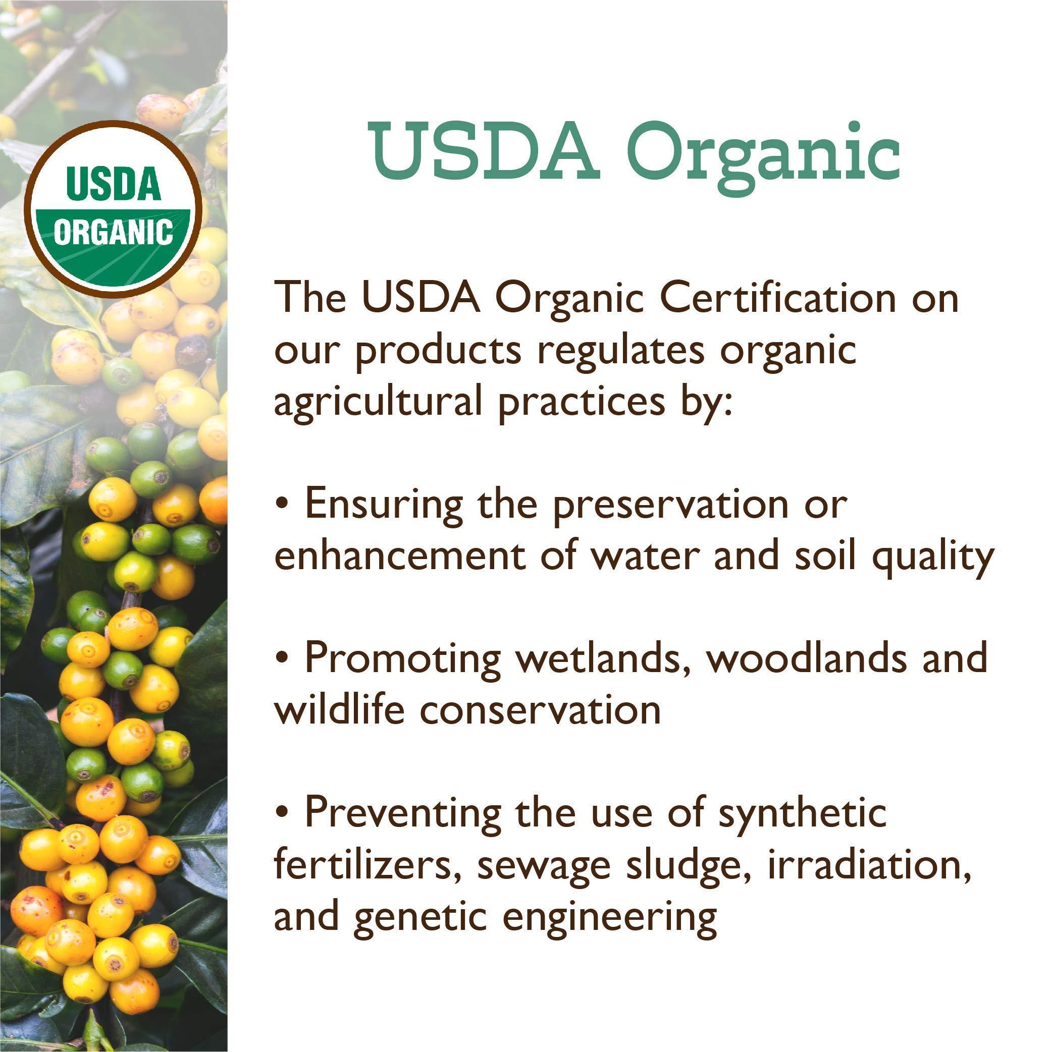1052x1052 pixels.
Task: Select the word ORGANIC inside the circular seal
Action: (x=113, y=233)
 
